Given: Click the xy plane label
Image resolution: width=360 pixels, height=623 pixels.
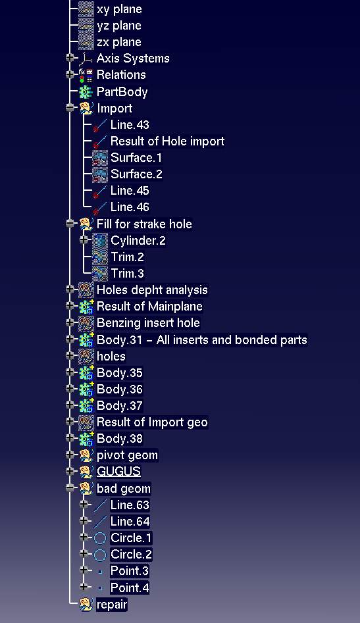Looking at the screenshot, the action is point(119,9).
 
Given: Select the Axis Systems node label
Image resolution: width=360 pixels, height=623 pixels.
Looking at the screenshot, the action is point(133,59).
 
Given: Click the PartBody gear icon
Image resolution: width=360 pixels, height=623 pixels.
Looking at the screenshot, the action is point(86,92).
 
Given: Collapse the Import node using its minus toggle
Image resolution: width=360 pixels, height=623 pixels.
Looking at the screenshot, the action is point(70,108).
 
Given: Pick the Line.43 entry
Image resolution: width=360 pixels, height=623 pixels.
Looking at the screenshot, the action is point(130,125).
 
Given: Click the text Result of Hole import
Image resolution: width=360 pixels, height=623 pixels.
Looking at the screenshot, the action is point(167,141).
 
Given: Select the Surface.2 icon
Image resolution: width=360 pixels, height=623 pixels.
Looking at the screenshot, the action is point(100,174).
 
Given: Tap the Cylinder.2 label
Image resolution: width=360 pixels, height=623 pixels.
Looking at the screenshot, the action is point(138,240).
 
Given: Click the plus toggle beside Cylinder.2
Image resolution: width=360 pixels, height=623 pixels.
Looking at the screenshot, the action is point(84,239).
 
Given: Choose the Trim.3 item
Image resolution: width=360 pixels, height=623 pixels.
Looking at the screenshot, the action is point(127,274).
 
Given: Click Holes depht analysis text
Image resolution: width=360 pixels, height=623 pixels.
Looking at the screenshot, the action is point(152,290).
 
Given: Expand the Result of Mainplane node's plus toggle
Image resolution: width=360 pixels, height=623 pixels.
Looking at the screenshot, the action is point(70,306).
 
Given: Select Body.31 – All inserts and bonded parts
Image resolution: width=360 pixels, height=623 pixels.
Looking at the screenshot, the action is point(202,340).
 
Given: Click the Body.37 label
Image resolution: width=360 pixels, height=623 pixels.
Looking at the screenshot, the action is point(120,406).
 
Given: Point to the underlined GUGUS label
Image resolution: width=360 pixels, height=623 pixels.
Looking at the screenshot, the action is point(119,472).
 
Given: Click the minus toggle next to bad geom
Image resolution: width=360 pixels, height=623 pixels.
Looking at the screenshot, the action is point(70,488).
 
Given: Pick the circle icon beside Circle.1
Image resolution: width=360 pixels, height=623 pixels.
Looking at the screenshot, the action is point(100,538).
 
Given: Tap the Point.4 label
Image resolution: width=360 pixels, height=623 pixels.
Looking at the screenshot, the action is point(130,587).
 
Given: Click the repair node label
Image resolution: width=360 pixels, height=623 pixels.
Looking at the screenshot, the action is point(112,605).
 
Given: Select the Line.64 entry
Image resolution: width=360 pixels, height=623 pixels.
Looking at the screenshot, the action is point(130,522).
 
